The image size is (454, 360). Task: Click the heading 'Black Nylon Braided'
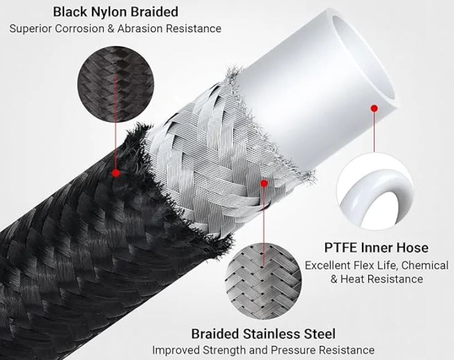tap(115, 12)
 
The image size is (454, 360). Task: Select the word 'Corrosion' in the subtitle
tap(80, 28)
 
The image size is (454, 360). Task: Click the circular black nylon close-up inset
tap(115, 84)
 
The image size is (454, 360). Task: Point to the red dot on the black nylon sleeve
tap(116, 173)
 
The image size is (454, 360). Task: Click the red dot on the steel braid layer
tap(264, 183)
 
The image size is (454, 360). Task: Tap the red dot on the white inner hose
tap(374, 108)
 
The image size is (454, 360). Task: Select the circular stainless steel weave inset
tap(263, 281)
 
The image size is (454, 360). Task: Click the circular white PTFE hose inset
tap(376, 192)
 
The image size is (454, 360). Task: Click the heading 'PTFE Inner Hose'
tap(376, 248)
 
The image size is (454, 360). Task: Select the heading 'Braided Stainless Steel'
tap(263, 333)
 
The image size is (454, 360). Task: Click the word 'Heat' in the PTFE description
tap(352, 279)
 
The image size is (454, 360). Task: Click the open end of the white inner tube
tap(364, 58)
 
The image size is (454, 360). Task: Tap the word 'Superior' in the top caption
tap(30, 28)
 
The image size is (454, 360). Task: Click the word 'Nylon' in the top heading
tap(109, 13)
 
